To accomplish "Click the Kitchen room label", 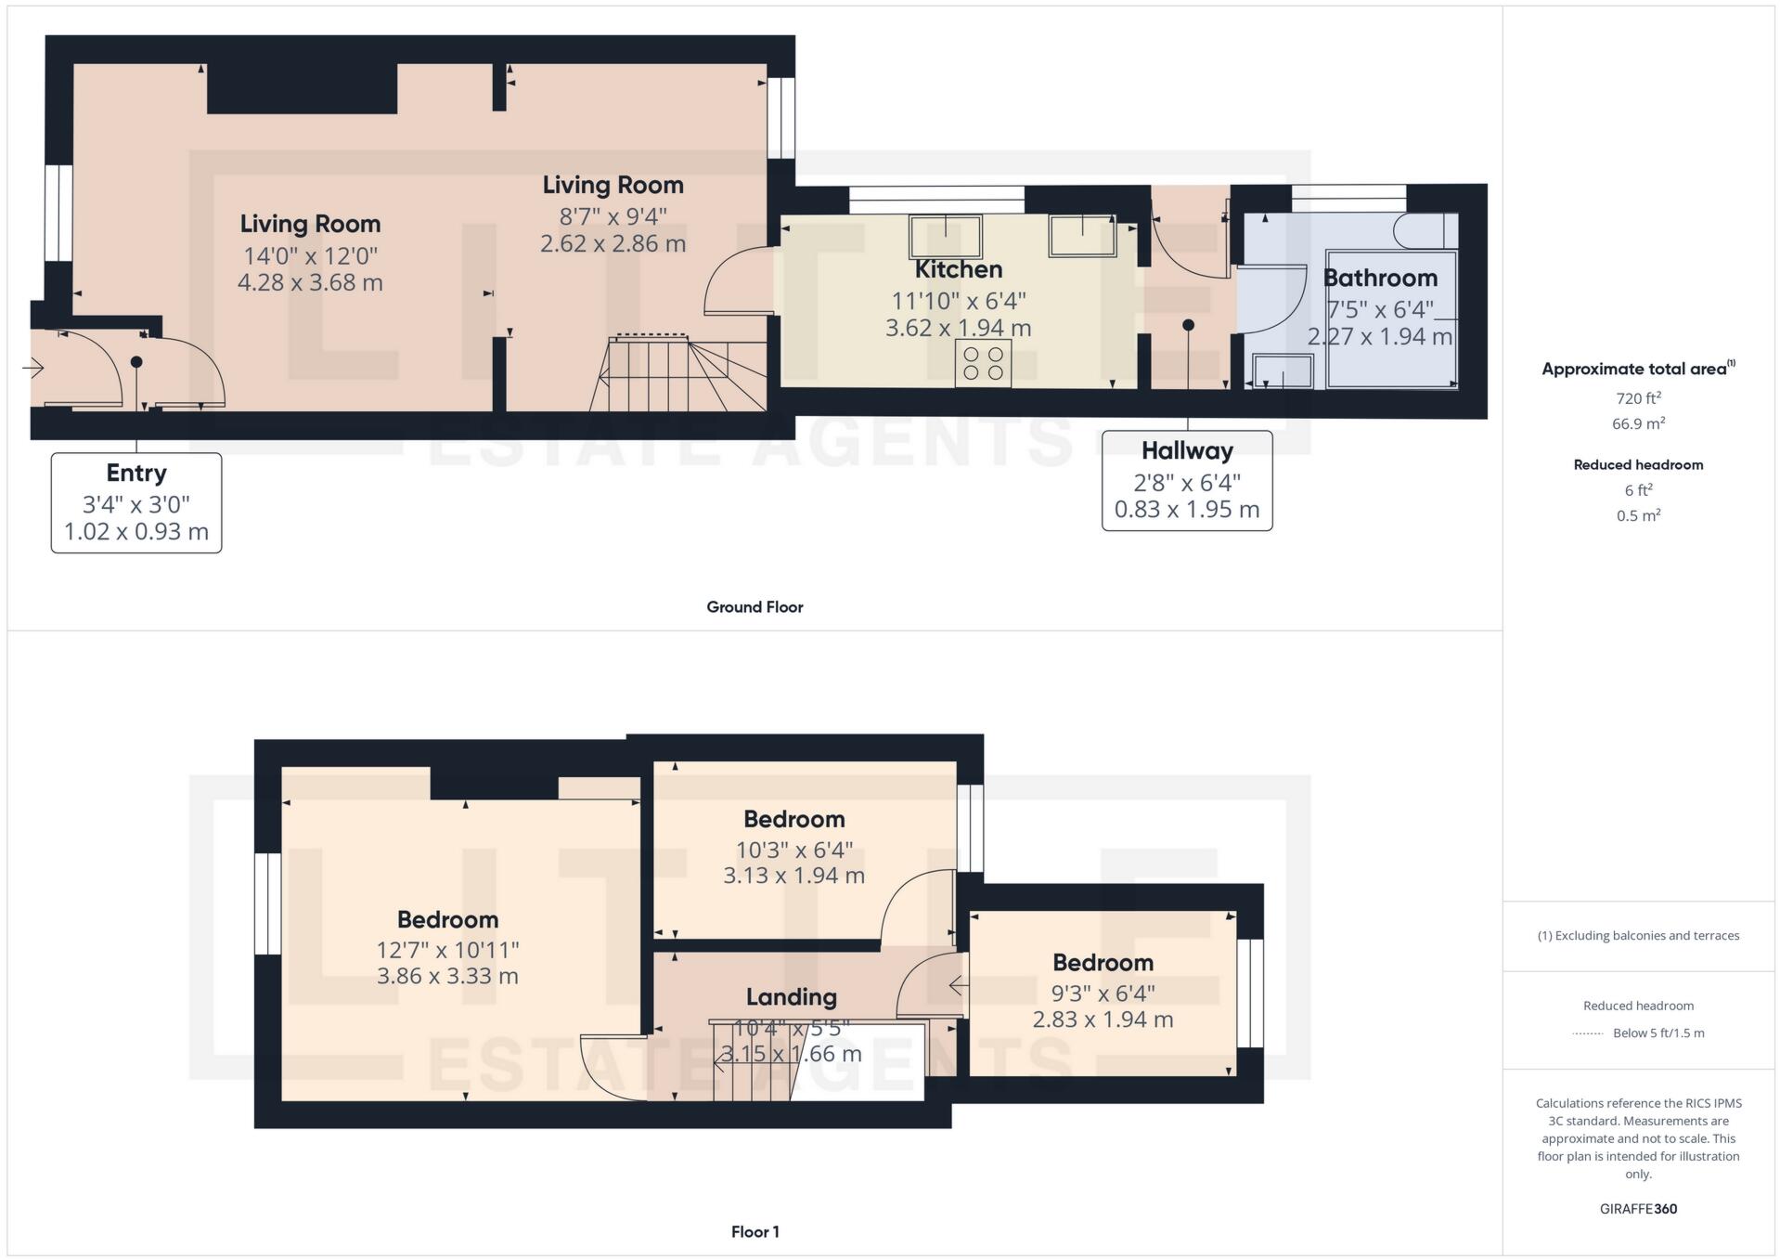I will tap(958, 269).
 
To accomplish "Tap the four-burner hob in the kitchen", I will tap(983, 363).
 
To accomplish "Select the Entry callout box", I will tap(136, 502).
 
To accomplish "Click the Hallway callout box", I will tap(1186, 480).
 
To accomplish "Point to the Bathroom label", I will tap(1379, 278).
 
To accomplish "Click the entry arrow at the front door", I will tap(33, 369).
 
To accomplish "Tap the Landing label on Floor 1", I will tap(791, 996).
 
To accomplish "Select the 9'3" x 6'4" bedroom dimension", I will tap(1103, 993).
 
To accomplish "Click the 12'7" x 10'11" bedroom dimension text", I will tap(447, 950).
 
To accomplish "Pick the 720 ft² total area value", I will tap(1638, 398).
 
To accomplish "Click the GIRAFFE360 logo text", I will tap(1638, 1209).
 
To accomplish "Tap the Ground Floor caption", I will tap(755, 606).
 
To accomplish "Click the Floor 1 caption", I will tap(755, 1231).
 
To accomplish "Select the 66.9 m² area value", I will tap(1638, 423).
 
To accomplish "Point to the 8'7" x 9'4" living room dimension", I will tap(613, 216).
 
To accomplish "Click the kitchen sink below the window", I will tap(945, 236).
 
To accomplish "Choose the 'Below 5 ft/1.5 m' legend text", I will tap(1657, 1033).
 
